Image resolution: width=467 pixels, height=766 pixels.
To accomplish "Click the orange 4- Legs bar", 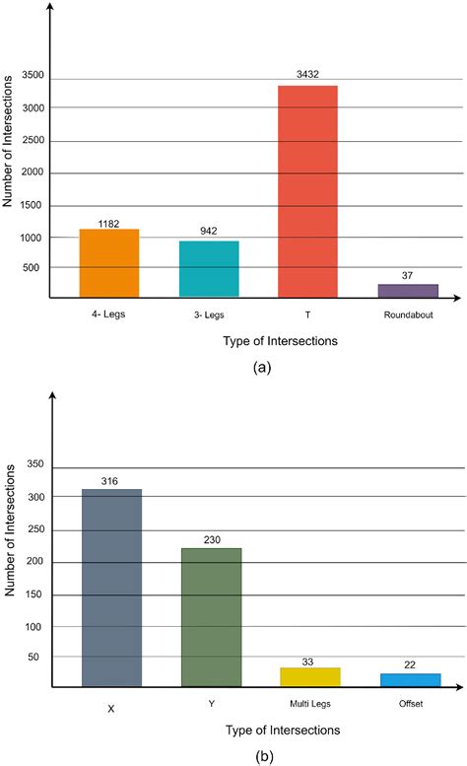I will [109, 263].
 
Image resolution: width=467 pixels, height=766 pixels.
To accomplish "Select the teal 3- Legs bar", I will [209, 269].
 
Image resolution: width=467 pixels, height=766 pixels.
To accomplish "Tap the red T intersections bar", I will [307, 191].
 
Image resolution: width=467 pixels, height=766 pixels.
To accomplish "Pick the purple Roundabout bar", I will [408, 291].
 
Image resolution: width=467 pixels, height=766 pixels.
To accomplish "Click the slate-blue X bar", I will [110, 588].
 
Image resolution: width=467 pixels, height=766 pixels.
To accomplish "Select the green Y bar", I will [211, 617].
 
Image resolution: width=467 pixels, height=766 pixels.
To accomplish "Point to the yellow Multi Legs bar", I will [309, 676].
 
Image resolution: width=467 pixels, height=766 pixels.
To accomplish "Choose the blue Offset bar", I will [410, 679].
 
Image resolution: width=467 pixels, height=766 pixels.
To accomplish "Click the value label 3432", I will [307, 74].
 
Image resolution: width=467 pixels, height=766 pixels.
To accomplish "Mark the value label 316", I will [110, 480].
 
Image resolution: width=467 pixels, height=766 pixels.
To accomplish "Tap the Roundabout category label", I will [409, 316].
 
